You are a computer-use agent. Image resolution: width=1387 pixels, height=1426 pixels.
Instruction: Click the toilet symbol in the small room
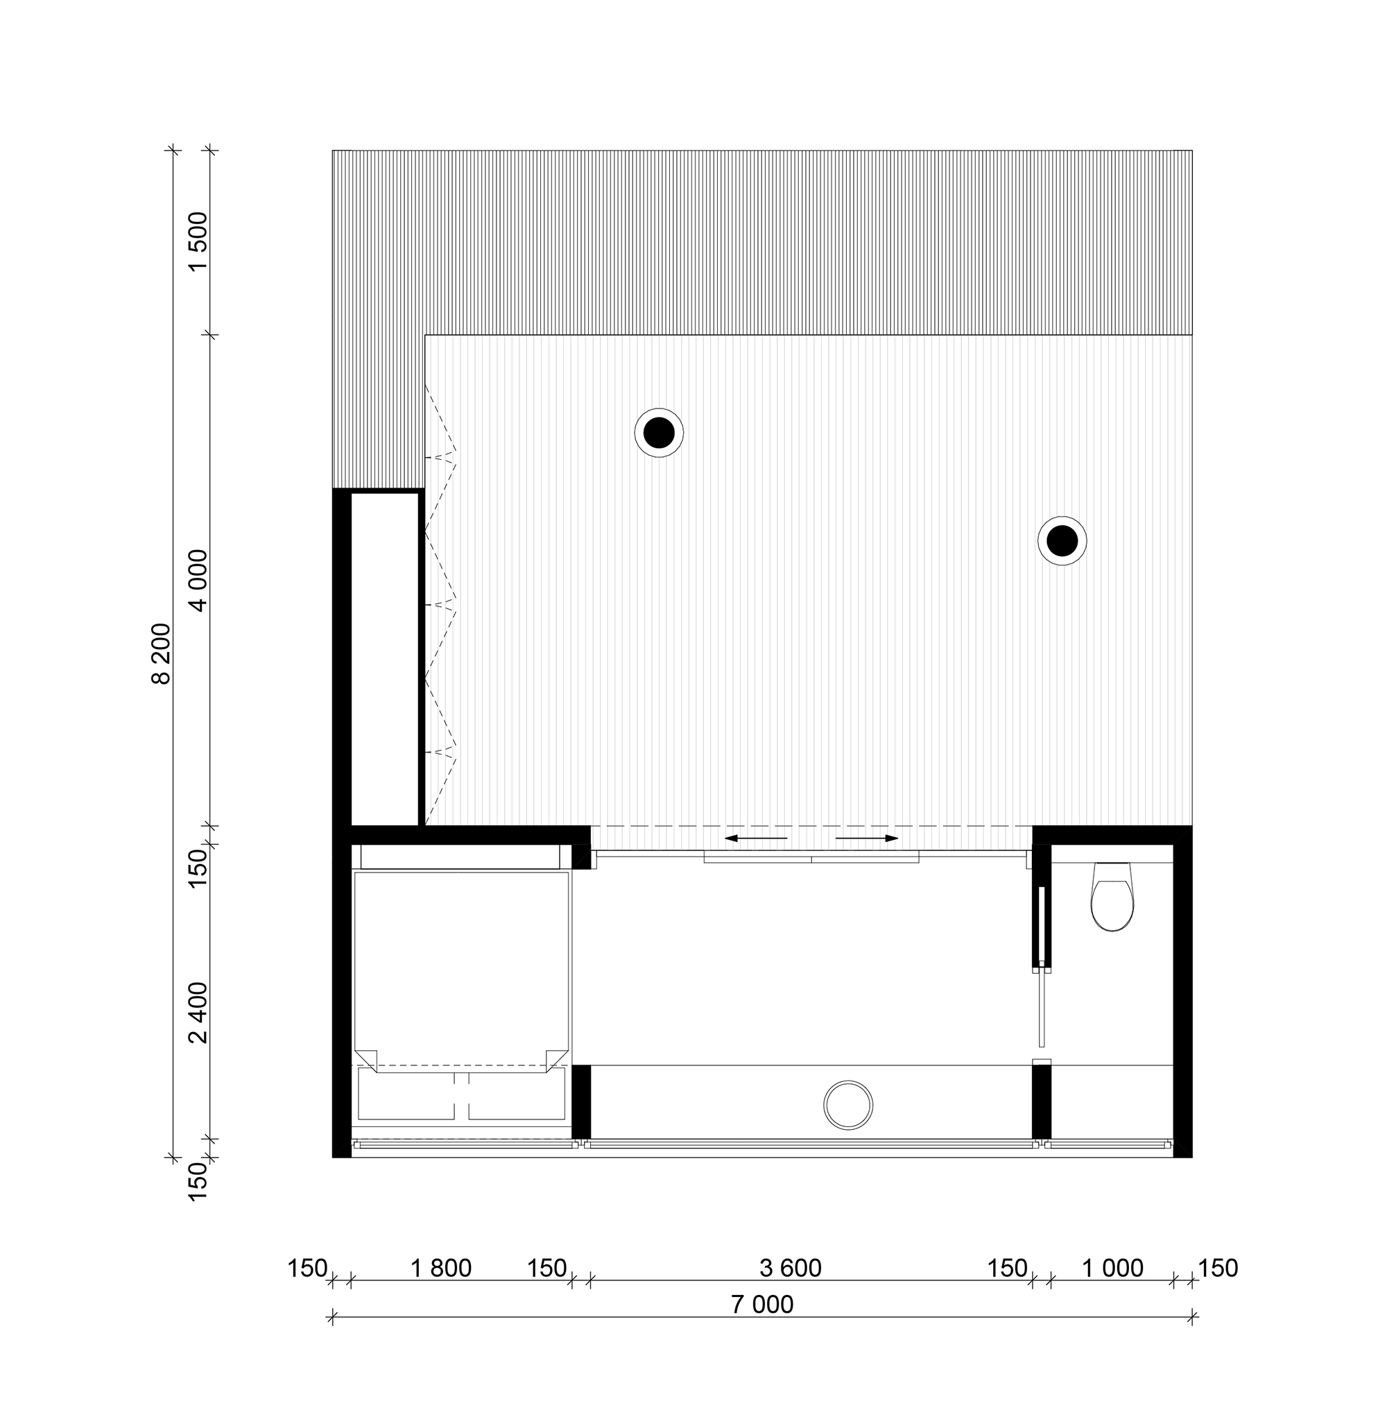[x=1112, y=897]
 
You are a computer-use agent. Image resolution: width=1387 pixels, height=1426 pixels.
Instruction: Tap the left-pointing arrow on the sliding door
[x=756, y=839]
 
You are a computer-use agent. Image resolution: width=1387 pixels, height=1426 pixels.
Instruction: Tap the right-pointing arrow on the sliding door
[x=867, y=839]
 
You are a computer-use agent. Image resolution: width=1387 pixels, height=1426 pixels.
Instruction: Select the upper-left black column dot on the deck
[x=660, y=433]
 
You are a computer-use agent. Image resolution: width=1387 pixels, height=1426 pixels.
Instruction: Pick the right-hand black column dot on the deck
[x=1062, y=541]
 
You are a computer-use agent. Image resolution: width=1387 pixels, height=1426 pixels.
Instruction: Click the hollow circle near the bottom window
[x=848, y=1106]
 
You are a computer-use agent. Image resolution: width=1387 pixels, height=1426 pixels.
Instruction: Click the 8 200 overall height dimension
[x=160, y=653]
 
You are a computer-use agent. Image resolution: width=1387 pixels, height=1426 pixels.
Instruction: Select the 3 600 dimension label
[x=791, y=1269]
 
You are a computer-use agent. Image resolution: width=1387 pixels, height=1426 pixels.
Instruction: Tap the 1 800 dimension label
[x=441, y=1269]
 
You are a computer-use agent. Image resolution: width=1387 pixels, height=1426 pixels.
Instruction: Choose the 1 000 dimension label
[x=1112, y=1269]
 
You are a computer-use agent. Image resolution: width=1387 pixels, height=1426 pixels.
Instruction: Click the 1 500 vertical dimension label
[x=198, y=241]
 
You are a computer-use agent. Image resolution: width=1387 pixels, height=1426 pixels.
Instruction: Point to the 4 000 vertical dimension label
[x=198, y=580]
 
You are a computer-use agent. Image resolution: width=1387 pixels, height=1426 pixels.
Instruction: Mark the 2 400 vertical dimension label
[x=198, y=1013]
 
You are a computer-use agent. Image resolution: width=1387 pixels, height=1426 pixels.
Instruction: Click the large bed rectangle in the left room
[x=461, y=973]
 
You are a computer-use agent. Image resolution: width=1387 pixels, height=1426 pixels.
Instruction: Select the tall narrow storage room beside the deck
[x=386, y=660]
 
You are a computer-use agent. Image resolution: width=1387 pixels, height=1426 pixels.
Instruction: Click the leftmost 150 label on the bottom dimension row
[x=307, y=1269]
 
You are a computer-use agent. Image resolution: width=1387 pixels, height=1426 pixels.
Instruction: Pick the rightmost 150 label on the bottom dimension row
[x=1218, y=1269]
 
